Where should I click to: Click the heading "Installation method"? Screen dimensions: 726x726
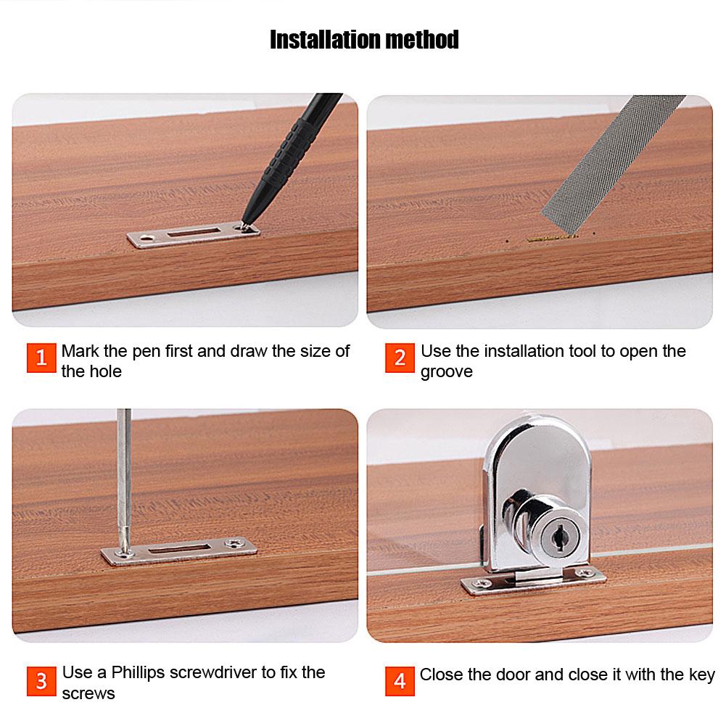coord(364,39)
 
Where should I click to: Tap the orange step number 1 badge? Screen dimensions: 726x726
coord(41,358)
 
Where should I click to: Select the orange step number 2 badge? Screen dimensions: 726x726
coord(400,358)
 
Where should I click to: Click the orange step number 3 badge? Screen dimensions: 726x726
coord(41,681)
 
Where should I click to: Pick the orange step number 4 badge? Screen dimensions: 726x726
coord(400,681)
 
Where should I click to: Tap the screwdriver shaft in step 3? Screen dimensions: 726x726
coord(124,471)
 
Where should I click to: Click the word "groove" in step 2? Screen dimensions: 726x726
coord(446,372)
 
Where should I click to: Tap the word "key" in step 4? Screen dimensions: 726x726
coord(701,675)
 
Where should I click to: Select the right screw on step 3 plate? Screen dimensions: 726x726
coord(234,543)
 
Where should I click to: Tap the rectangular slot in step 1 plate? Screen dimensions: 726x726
coord(194,233)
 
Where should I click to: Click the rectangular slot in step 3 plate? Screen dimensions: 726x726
coord(178,550)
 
